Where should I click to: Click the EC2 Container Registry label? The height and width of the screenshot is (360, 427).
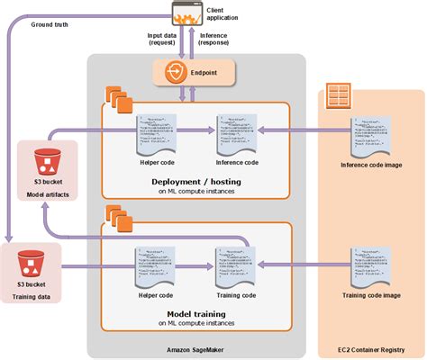[x=371, y=347]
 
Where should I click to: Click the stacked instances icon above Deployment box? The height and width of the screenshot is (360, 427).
[x=117, y=95]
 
